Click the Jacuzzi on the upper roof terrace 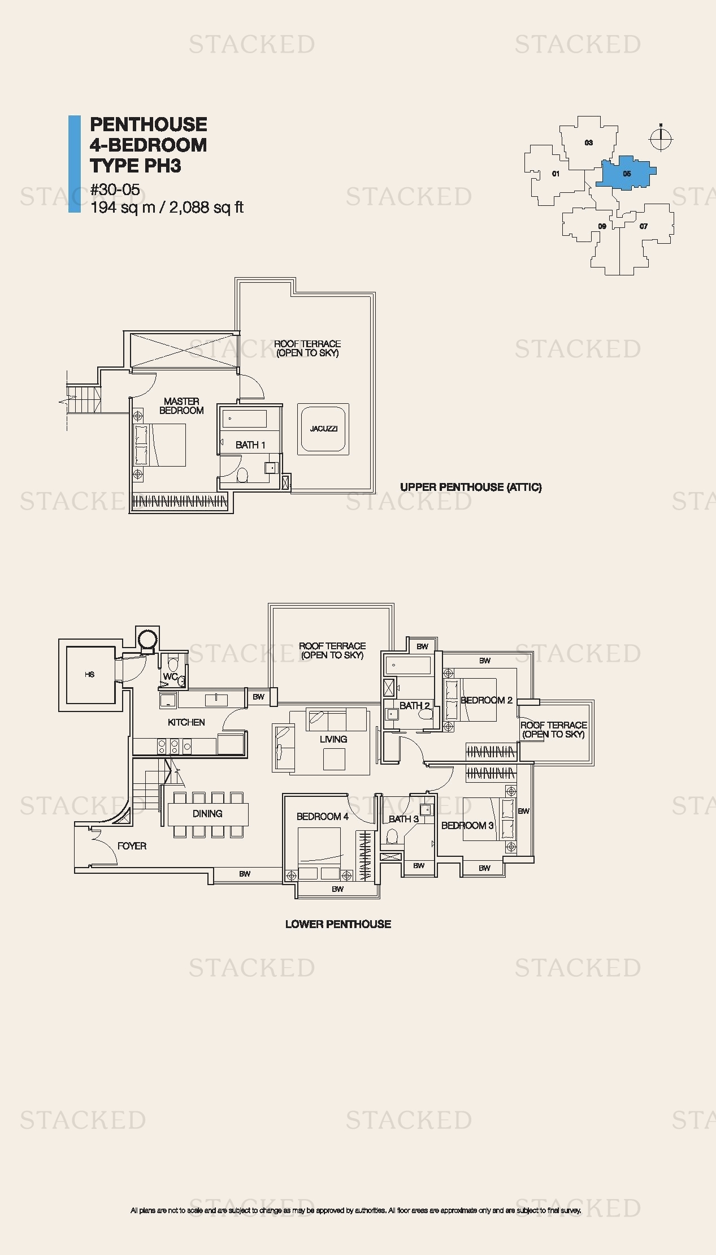[323, 429]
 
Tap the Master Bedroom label [181, 406]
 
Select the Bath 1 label [250, 445]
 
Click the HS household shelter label [89, 675]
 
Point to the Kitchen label [186, 722]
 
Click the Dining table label [207, 814]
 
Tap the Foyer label [132, 846]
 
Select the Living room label [333, 739]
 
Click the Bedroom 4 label [323, 817]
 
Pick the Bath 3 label [403, 819]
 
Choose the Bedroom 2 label [487, 700]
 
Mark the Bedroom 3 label [467, 826]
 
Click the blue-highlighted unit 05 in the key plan [626, 173]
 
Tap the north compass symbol [661, 138]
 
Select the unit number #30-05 [115, 190]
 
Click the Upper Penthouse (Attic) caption [471, 487]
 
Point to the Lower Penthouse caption [338, 924]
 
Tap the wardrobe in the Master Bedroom [180, 501]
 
